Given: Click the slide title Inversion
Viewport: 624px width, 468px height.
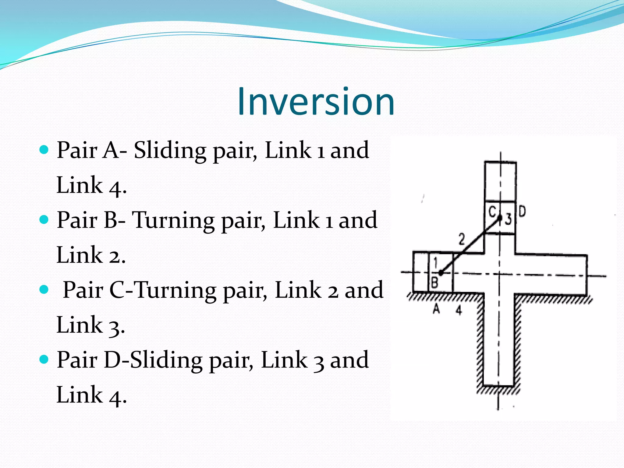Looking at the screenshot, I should point(316,101).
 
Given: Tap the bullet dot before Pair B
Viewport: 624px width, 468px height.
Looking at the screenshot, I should point(44,219).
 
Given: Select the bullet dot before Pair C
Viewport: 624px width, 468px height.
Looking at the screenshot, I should point(44,289).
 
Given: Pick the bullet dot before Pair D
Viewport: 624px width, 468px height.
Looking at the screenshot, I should point(44,359).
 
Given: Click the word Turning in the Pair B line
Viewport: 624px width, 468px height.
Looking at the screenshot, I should point(173,220).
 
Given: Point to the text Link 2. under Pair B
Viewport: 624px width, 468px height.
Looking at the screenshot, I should point(91,255).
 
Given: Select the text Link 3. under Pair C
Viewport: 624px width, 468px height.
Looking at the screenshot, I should point(90,325).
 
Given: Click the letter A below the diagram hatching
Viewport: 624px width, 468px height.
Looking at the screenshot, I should point(436,309).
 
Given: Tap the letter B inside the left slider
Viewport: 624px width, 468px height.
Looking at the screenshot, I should point(435,282).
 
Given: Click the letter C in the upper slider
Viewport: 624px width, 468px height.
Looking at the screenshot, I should point(492,211).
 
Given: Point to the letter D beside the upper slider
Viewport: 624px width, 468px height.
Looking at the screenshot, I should point(522,211).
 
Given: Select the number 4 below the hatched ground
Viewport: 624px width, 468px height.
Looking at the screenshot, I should point(459,310).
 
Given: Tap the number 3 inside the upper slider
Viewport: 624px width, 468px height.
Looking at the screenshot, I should point(508,219).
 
